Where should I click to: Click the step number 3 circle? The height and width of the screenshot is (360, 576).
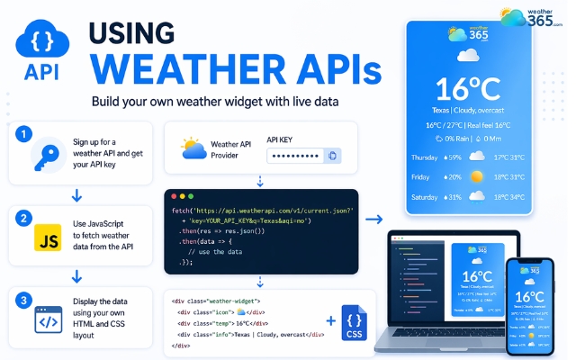click(24, 298)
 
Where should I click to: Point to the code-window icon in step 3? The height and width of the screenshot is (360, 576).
click(46, 321)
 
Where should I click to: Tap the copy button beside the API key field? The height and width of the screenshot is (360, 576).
click(333, 156)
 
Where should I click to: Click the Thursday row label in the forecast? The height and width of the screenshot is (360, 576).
click(426, 157)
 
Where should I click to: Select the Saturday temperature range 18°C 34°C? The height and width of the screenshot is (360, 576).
click(509, 197)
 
